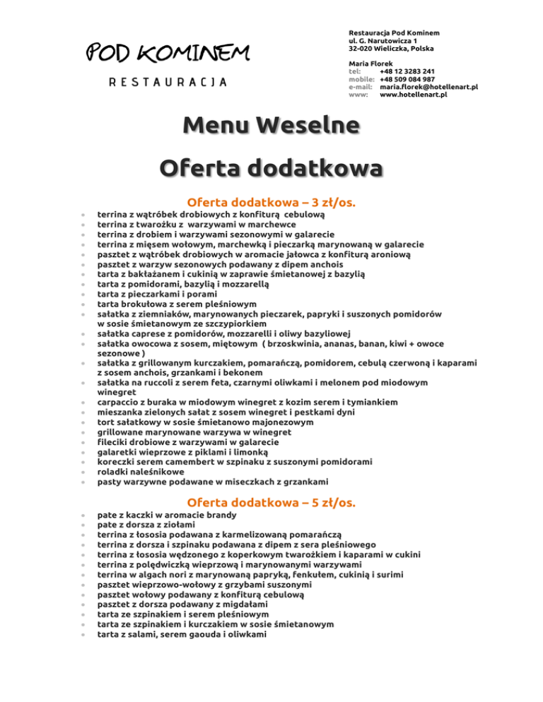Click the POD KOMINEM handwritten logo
tap(167, 52)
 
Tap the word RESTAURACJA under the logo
tap(167, 82)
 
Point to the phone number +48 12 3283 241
tap(407, 71)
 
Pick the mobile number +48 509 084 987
tap(407, 79)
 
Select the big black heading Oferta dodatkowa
tap(271, 170)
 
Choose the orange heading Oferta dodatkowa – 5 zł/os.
tap(271, 503)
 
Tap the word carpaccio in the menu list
tap(119, 401)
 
